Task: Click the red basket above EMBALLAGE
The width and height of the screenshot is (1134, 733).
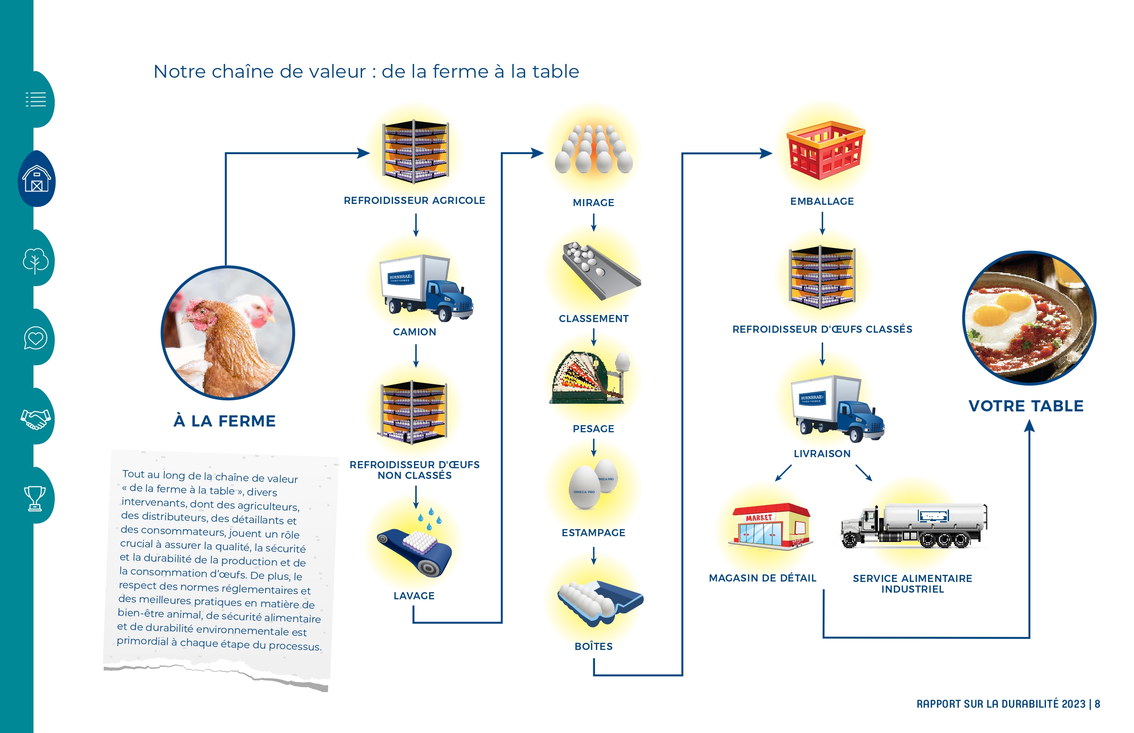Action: [x=825, y=150]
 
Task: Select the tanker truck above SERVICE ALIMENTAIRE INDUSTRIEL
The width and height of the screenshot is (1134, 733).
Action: [x=914, y=526]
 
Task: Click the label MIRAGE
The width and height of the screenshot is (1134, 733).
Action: [x=593, y=203]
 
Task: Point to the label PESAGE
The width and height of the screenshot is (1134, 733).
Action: [x=593, y=429]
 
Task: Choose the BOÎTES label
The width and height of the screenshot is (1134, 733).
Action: [x=594, y=646]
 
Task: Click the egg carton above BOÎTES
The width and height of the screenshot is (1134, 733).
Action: [x=600, y=602]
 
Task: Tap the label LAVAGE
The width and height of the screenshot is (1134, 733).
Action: [x=414, y=596]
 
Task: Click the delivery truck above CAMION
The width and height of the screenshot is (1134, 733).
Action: [x=426, y=288]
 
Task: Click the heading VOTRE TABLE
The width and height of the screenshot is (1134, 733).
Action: [x=1026, y=406]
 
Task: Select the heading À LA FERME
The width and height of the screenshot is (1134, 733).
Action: [x=225, y=421]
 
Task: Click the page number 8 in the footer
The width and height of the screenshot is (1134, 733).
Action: [x=1098, y=704]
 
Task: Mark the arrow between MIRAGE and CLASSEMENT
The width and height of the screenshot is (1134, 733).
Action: [x=594, y=222]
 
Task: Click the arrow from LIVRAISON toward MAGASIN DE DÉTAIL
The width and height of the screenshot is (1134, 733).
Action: [x=783, y=473]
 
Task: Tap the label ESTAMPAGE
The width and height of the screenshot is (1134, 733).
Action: [x=593, y=533]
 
